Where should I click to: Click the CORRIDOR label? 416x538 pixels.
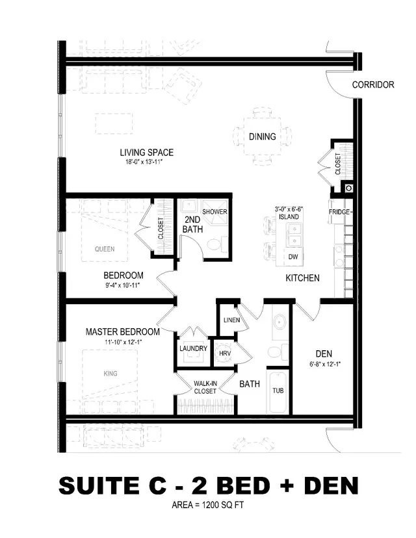[x=373, y=85]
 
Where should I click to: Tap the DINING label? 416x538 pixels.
[x=262, y=136]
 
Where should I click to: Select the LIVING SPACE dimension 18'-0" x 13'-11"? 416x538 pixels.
[x=146, y=162]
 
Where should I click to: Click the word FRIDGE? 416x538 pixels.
[x=339, y=212]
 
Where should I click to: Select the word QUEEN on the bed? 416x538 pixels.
[x=104, y=249]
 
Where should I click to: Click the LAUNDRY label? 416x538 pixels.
[x=193, y=349]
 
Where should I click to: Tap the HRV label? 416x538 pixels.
[x=225, y=353]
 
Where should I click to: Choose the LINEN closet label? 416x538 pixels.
[x=231, y=320]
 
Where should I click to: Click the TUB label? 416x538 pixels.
[x=277, y=392]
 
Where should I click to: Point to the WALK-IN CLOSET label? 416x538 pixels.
[x=205, y=387]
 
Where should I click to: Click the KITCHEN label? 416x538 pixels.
[x=302, y=278]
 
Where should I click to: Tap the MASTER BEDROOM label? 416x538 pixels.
[x=123, y=332]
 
